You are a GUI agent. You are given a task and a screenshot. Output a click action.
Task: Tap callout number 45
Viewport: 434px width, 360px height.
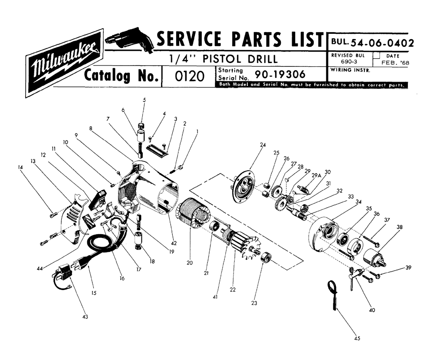coord(358,337)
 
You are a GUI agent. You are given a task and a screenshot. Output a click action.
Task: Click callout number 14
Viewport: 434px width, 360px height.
coord(21,166)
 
